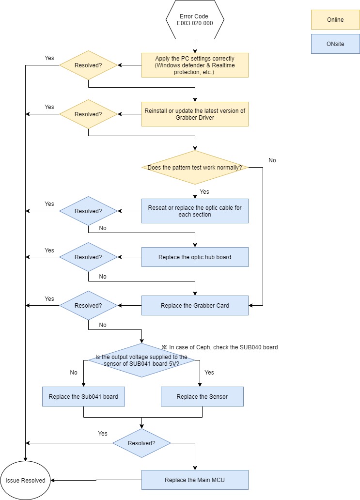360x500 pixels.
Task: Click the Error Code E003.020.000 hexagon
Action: click(195, 20)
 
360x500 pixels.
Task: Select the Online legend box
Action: click(335, 20)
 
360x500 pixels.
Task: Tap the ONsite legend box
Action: click(335, 44)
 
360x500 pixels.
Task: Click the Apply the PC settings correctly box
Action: click(195, 65)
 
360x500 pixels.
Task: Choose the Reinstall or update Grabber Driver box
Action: click(195, 114)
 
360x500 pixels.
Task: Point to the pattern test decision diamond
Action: click(195, 167)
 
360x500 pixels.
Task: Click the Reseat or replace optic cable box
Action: click(195, 211)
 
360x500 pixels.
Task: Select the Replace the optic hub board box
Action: click(195, 257)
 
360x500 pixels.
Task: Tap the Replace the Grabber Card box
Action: click(195, 306)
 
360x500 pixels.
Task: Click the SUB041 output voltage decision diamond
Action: click(141, 360)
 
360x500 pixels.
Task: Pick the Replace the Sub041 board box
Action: click(83, 396)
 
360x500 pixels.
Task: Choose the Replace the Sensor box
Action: click(202, 396)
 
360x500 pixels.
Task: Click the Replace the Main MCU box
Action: click(195, 480)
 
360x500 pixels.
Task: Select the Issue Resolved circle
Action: click(26, 480)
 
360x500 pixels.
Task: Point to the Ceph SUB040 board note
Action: click(220, 347)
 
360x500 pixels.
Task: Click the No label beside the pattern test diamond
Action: click(272, 160)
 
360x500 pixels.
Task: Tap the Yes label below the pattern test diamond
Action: click(204, 191)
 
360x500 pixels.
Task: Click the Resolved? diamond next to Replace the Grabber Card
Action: click(88, 306)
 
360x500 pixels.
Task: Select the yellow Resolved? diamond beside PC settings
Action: click(88, 65)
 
